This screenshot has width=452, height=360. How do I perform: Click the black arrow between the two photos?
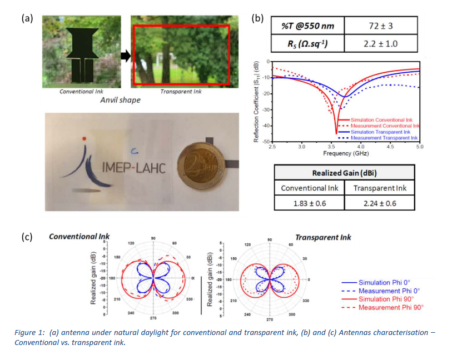(126, 56)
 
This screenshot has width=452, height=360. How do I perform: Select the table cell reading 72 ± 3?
(380, 26)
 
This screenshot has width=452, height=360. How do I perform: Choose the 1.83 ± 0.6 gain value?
(310, 203)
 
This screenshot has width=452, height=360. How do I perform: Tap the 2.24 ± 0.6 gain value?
(380, 203)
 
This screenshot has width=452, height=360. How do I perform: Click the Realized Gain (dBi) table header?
(345, 173)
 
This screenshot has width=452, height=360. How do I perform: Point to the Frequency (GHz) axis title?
(345, 153)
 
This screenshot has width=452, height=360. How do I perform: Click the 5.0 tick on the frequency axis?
(420, 147)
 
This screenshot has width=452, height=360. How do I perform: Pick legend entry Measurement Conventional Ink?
(383, 126)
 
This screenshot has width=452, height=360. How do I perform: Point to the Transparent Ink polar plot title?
(324, 237)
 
